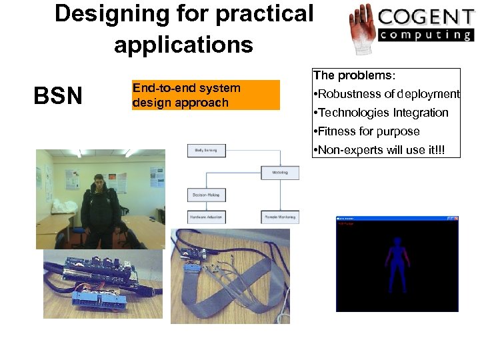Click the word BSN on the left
coord(58,96)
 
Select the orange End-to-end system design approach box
coord(205,95)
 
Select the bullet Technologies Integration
coord(383,113)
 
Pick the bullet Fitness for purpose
coord(368,131)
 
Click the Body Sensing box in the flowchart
coord(207,151)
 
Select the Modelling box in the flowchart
coord(280,173)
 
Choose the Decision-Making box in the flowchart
coord(207,195)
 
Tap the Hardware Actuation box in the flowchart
coord(207,217)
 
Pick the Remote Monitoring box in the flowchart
coord(280,217)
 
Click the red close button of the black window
coord(455,218)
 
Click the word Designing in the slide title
coord(107,13)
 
